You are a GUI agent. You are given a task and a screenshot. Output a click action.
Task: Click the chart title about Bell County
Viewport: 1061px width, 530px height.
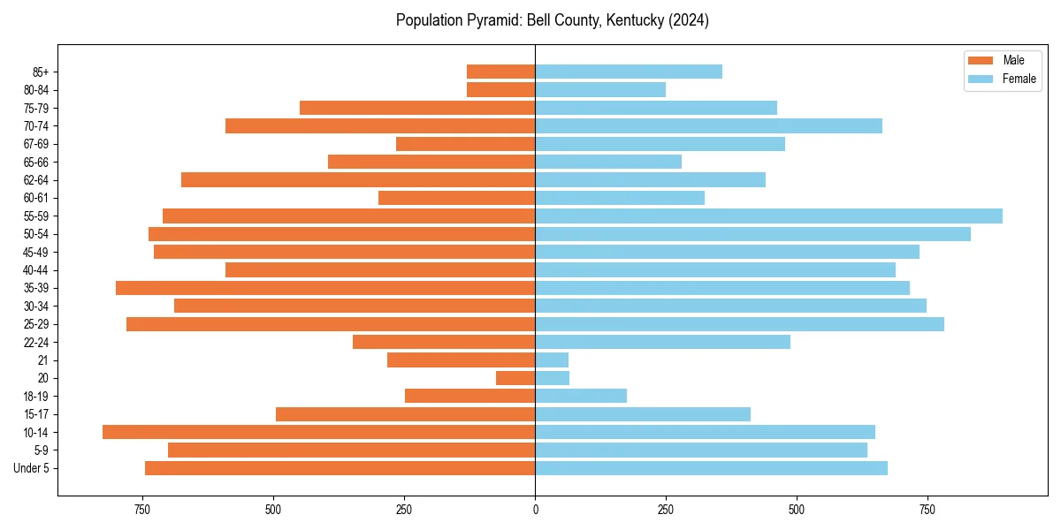[552, 20]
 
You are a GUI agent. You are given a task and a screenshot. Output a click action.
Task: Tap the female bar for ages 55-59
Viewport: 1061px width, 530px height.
[768, 216]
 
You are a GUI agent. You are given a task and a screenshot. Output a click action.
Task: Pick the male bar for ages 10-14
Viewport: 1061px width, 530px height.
[318, 432]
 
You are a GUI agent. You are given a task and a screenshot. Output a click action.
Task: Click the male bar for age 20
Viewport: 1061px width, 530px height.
[515, 378]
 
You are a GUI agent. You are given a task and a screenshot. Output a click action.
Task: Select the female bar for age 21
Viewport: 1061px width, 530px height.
[552, 360]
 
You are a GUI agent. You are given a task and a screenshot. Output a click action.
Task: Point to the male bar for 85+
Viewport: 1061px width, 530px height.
[500, 72]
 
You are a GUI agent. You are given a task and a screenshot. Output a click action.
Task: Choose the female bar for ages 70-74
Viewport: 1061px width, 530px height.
[708, 126]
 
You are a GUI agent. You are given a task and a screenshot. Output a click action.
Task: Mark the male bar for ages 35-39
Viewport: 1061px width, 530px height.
[325, 288]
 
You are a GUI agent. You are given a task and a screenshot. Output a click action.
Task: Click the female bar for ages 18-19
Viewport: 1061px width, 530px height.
[581, 396]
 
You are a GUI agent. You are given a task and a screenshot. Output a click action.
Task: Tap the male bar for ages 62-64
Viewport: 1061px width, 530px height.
[358, 180]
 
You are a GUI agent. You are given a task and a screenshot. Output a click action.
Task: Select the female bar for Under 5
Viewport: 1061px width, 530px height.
[711, 468]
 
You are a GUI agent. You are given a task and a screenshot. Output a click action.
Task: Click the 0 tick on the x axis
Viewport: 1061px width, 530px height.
[535, 510]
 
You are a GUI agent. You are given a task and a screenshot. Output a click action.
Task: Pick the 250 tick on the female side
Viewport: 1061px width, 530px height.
[666, 510]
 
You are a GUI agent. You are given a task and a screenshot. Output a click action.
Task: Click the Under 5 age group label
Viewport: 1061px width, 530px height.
[31, 468]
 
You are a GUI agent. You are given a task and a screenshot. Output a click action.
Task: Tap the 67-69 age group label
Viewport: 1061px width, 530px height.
[34, 144]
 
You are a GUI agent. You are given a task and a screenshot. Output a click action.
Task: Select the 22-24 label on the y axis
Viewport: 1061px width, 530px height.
[34, 342]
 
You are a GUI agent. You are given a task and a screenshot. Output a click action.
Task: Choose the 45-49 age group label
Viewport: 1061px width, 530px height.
[34, 252]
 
